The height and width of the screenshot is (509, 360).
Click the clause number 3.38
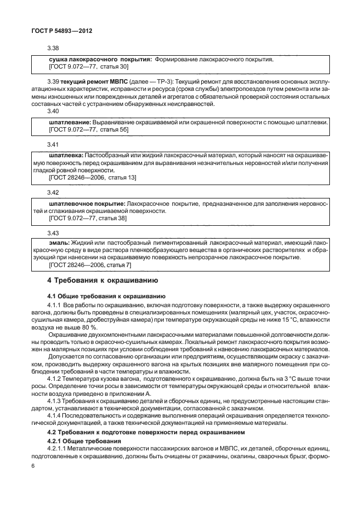(54, 49)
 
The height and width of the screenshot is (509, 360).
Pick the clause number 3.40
(54, 111)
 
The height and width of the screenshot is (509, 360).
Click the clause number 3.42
(54, 192)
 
